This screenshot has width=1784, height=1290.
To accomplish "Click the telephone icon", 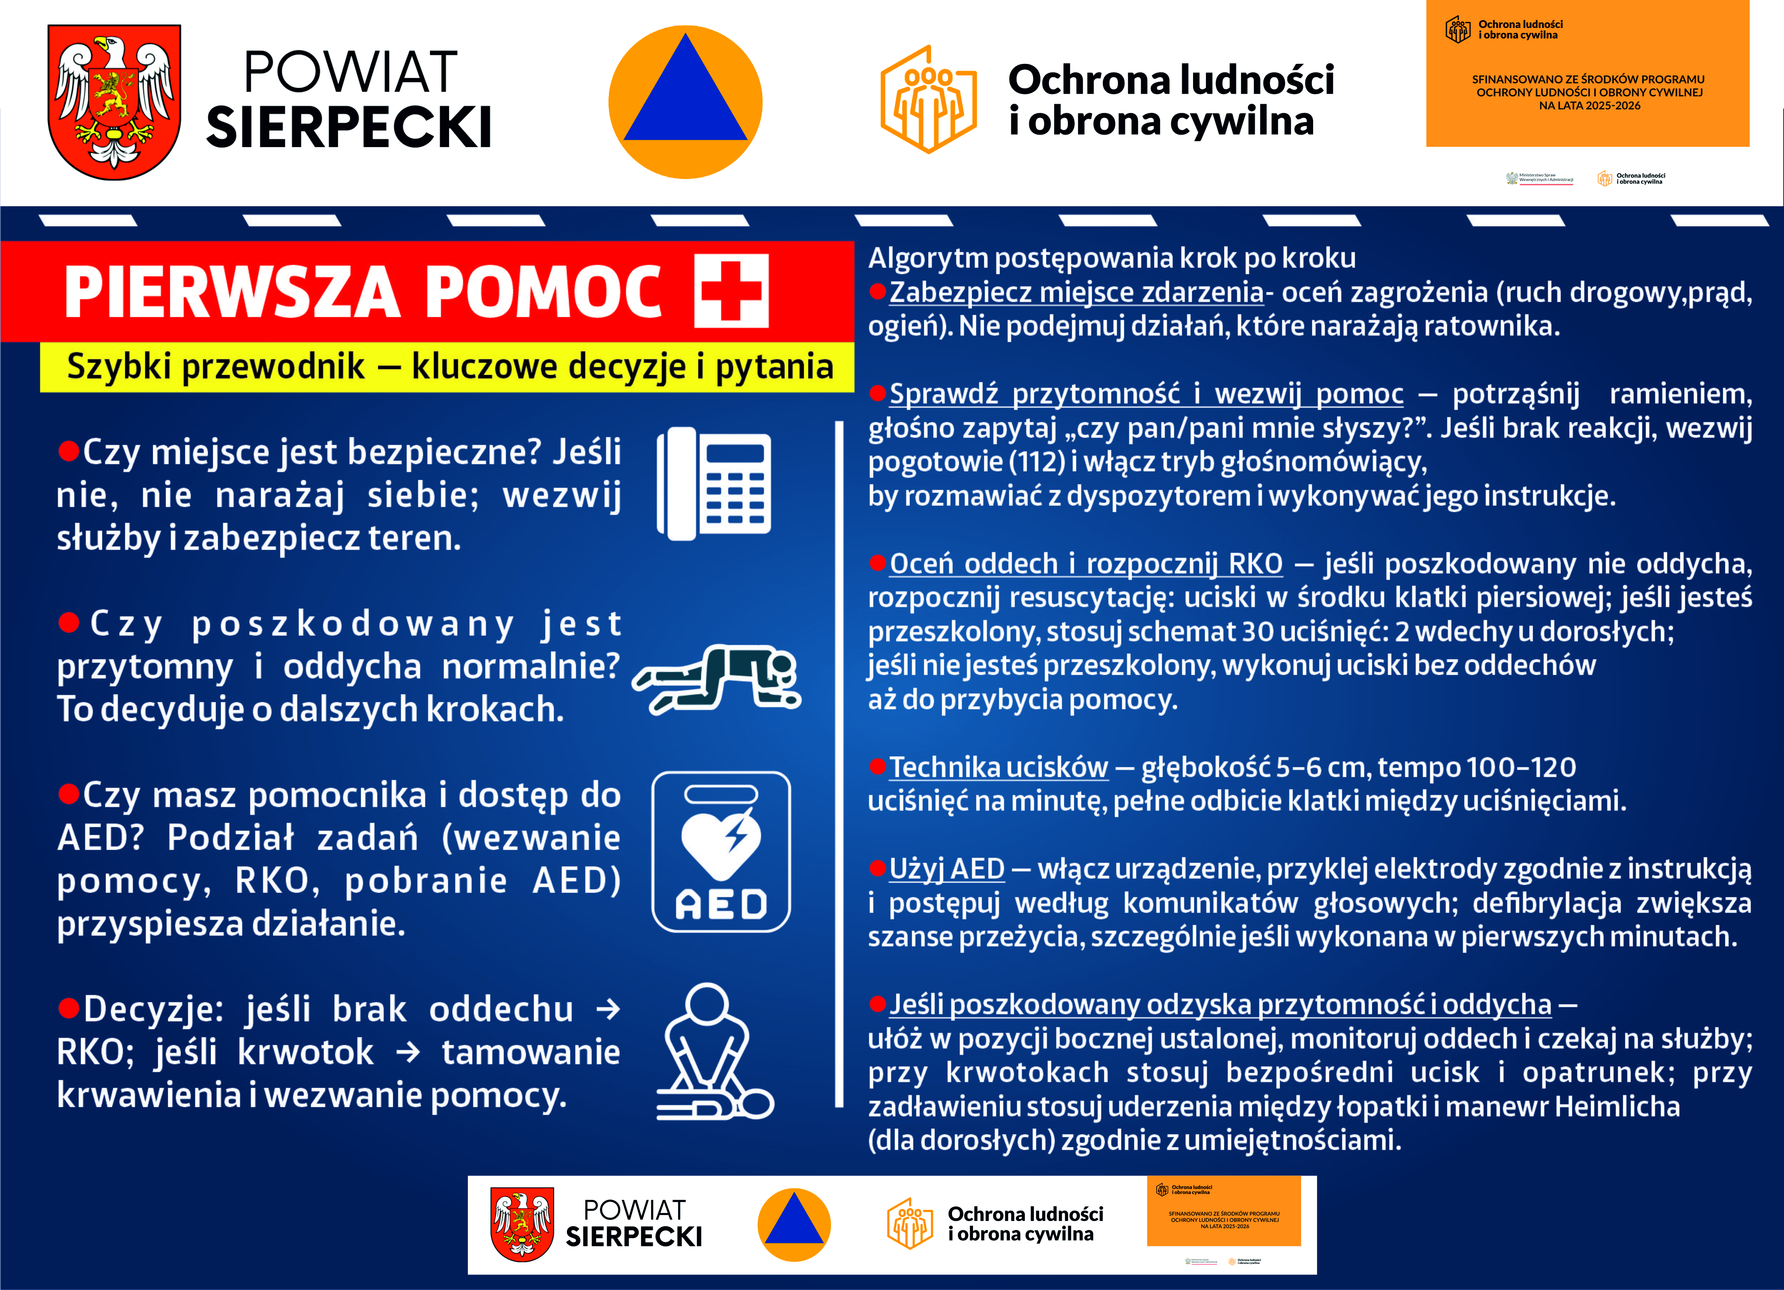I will click(x=714, y=483).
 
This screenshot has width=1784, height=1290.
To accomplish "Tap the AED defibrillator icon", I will click(x=720, y=852).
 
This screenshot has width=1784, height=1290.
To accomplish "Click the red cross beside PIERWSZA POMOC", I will click(x=731, y=291).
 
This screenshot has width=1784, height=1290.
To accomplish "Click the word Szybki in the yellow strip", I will click(x=118, y=367).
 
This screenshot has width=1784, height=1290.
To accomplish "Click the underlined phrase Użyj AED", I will click(x=946, y=869).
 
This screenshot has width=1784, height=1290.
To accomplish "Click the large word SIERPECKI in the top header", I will click(x=349, y=127).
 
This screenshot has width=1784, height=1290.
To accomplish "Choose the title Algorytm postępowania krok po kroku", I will click(x=1112, y=258).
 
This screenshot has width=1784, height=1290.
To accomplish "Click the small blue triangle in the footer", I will click(x=794, y=1221).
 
